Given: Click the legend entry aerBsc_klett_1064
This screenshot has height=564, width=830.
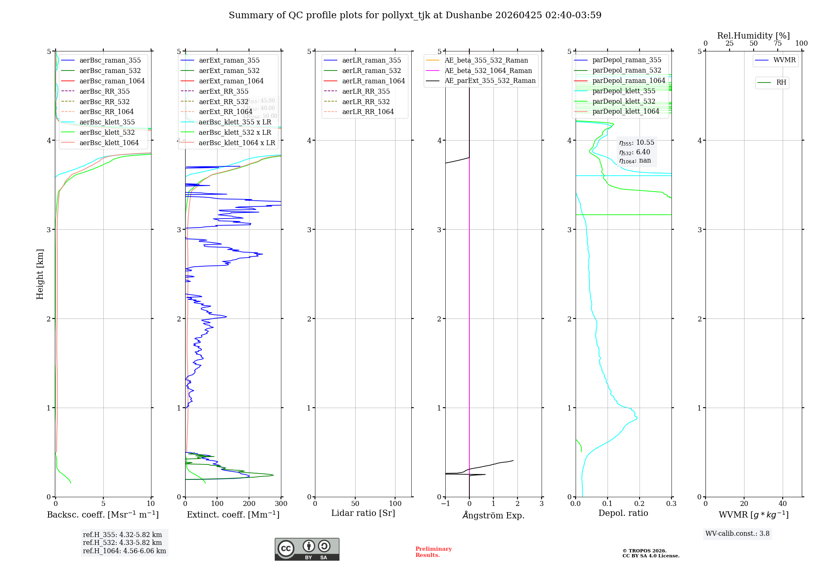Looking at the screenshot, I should click(x=109, y=143).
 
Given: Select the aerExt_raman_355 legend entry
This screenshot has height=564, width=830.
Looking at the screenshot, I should click(x=229, y=61).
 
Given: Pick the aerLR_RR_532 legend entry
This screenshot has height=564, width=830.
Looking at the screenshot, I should click(x=366, y=102).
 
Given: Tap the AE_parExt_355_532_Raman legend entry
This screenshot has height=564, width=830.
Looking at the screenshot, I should click(x=490, y=81).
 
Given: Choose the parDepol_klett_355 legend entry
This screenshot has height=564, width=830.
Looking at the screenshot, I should click(x=624, y=91).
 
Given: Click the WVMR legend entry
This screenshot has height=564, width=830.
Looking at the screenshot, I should click(x=784, y=60).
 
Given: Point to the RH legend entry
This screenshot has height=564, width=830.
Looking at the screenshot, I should click(x=781, y=83).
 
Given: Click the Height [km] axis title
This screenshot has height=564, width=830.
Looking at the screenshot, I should click(x=40, y=274).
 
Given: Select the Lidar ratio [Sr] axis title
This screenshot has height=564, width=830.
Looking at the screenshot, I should click(x=363, y=513).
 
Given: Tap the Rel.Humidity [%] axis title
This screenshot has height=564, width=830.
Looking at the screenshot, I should click(x=753, y=36).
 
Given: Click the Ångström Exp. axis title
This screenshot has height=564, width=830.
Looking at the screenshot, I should click(x=493, y=515).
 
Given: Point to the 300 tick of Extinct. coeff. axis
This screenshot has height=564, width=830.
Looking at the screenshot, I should click(x=281, y=503).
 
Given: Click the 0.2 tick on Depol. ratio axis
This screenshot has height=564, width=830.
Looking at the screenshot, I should click(x=640, y=503).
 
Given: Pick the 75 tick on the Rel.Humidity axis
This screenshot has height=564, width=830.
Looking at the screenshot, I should click(x=778, y=44).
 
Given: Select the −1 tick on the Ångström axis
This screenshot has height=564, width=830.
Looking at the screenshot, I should click(x=445, y=503).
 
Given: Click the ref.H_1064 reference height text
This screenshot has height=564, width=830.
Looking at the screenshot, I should click(x=124, y=551).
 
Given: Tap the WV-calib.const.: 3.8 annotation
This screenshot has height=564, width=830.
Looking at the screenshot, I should click(x=737, y=534).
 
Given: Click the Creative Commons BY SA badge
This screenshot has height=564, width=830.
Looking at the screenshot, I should click(x=307, y=549).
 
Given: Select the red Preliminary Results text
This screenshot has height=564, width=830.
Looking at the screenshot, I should click(x=433, y=552).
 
